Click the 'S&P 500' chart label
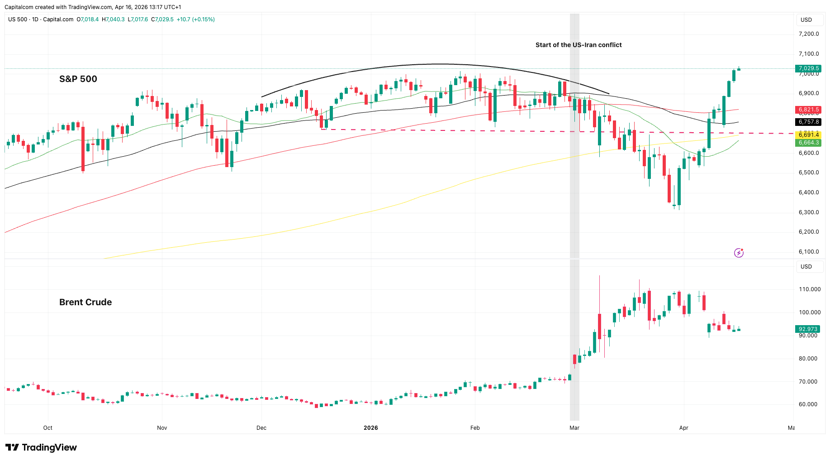point(78,79)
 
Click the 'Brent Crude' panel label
point(85,302)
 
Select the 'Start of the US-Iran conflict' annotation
point(579,45)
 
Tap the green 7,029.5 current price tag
point(809,69)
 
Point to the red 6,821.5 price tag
point(809,110)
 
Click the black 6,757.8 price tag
point(809,122)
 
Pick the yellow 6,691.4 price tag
point(809,135)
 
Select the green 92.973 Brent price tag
point(808,329)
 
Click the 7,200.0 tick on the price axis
point(809,34)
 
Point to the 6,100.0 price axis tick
point(809,252)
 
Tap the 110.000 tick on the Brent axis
point(810,289)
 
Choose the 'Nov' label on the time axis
point(162,428)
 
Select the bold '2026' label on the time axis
point(371,428)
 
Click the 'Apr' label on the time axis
point(683,428)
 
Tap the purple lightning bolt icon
point(739,253)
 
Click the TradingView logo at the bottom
point(41,447)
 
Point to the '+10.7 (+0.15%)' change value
point(195,19)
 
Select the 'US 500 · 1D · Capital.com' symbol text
point(41,19)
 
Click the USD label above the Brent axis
point(806,267)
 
